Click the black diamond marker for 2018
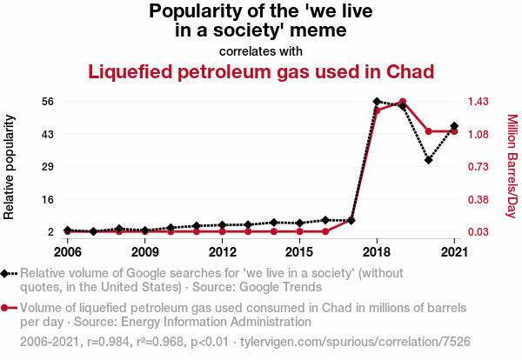(377, 102)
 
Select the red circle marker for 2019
(403, 102)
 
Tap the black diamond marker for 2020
(429, 160)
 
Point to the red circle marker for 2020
(429, 131)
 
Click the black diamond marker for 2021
(454, 126)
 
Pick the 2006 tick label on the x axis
(68, 252)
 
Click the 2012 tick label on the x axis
(223, 252)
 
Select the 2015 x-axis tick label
(300, 252)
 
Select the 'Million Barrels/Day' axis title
(512, 166)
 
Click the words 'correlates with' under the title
(260, 50)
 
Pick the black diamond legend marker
(7, 273)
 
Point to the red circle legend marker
(7, 308)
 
